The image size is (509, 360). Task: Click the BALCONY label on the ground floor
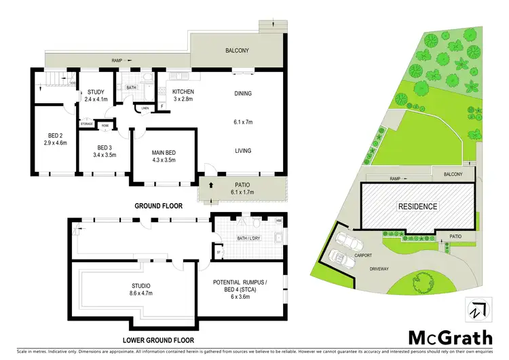(237, 50)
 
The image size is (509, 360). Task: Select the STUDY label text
(94, 94)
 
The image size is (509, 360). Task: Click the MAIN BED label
(164, 153)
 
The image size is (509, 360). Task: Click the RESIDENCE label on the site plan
(417, 206)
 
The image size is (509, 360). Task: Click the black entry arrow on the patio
(210, 184)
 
